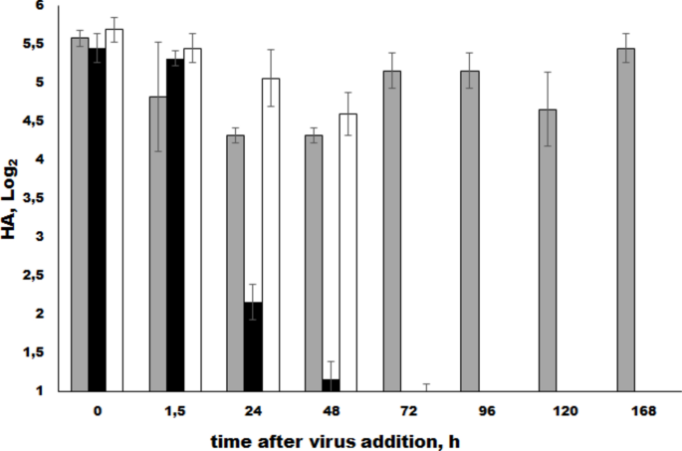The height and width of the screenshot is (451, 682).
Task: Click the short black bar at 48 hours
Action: pos(331,385)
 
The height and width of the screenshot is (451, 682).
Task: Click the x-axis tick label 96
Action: pos(470,409)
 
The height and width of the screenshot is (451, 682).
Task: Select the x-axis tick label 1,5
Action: pos(175,409)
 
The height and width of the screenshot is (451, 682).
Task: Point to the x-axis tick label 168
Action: pos(626,409)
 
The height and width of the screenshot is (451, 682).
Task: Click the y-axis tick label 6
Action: pos(41,6)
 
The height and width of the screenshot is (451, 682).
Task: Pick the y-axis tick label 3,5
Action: pos(36,198)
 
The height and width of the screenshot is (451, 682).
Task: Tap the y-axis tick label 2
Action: pos(41,315)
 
